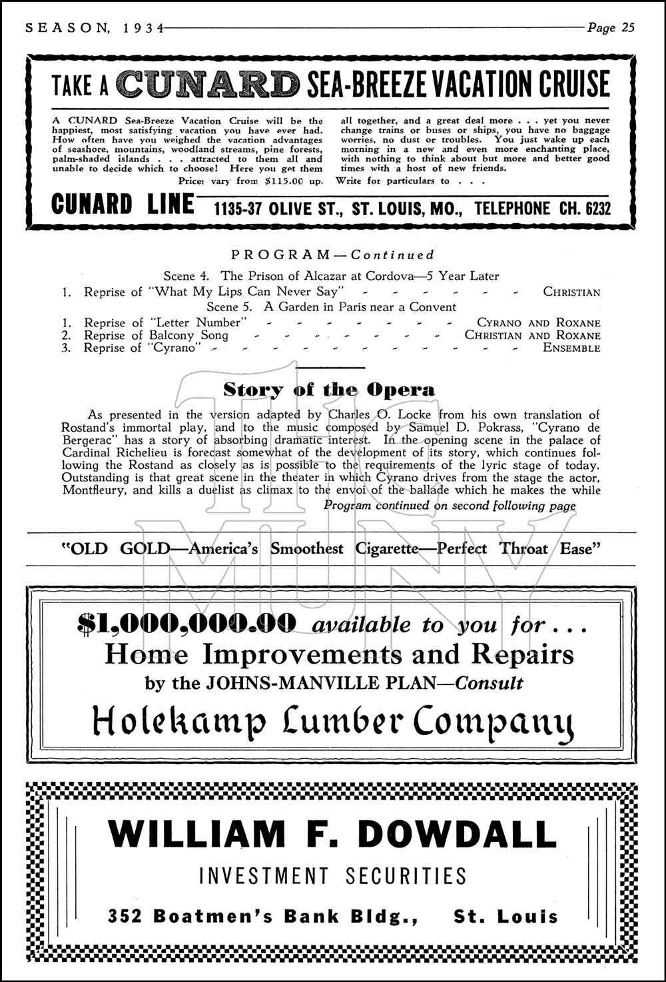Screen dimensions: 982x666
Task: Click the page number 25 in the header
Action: click(x=627, y=27)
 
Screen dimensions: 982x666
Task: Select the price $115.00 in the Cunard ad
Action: click(x=282, y=181)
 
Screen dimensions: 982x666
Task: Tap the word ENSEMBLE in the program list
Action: click(x=571, y=348)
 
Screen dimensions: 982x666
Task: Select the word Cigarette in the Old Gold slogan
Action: click(x=386, y=549)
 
